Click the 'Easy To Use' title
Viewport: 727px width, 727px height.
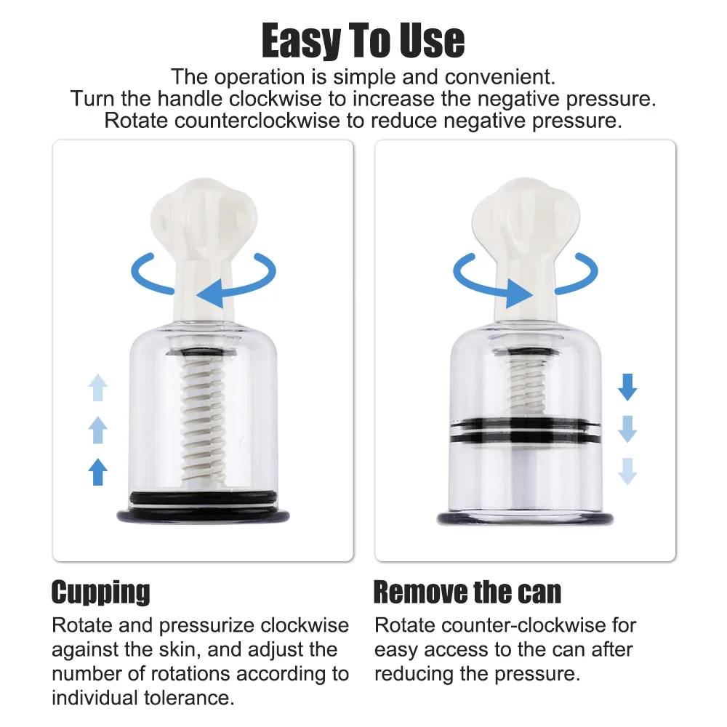pyautogui.click(x=363, y=41)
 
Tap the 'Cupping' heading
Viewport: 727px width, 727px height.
pyautogui.click(x=100, y=592)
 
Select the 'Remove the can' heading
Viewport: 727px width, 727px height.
pyautogui.click(x=467, y=592)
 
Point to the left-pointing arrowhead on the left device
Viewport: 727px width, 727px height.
pyautogui.click(x=210, y=294)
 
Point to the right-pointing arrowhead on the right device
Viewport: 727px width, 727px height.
pyautogui.click(x=519, y=294)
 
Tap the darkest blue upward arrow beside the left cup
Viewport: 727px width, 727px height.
pyautogui.click(x=98, y=472)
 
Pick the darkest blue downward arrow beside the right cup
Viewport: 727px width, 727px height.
pyautogui.click(x=627, y=387)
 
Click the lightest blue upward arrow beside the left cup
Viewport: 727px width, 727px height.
pyautogui.click(x=98, y=387)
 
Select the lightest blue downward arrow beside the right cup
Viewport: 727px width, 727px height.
pyautogui.click(x=627, y=472)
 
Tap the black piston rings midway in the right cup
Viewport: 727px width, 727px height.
pyautogui.click(x=526, y=430)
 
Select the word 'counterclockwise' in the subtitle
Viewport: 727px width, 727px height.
pyautogui.click(x=257, y=121)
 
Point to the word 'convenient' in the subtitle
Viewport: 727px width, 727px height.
pyautogui.click(x=500, y=77)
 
